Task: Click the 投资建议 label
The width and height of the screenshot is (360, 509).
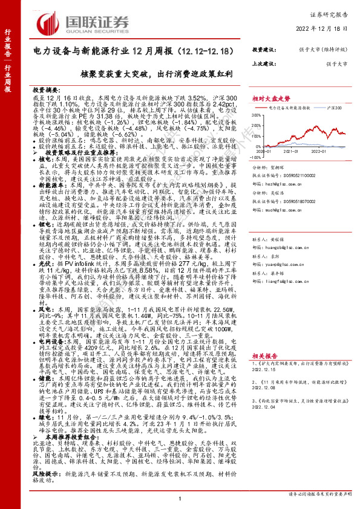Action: pyautogui.click(x=264, y=49)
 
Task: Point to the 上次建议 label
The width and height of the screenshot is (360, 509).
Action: pyautogui.click(x=264, y=62)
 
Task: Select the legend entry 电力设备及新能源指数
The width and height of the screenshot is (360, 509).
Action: pyautogui.click(x=294, y=107)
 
